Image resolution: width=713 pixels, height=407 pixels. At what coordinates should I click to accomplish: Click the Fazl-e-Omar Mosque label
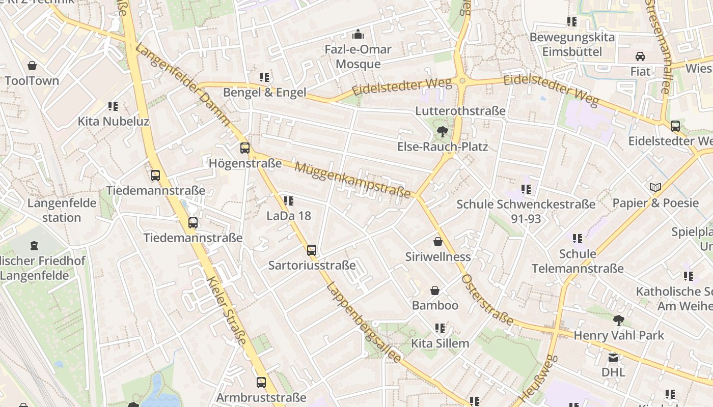click(x=358, y=56)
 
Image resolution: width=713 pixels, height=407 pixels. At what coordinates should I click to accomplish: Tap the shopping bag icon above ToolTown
click(x=32, y=66)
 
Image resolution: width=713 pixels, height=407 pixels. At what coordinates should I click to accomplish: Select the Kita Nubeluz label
click(x=113, y=122)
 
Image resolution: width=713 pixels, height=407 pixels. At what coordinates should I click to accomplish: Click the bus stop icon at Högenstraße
click(x=245, y=148)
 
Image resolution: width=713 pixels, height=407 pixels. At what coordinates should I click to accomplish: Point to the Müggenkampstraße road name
click(x=352, y=181)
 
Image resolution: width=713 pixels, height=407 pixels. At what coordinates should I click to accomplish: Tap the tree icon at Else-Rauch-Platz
click(x=443, y=132)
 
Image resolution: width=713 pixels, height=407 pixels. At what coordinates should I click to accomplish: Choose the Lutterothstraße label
click(x=460, y=111)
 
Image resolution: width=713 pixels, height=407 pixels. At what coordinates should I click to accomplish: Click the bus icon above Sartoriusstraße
click(x=312, y=250)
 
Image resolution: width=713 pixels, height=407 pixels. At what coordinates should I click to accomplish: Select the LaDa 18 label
click(x=289, y=216)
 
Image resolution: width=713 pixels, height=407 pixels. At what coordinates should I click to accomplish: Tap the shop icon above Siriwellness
click(x=437, y=241)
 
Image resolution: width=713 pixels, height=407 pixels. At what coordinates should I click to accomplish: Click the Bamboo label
click(x=435, y=305)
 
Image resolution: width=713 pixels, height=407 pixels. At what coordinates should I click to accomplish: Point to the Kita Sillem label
click(x=440, y=343)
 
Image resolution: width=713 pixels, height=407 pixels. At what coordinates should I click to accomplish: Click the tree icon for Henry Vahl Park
click(x=619, y=320)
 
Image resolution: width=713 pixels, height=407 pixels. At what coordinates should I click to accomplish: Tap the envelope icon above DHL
click(x=613, y=357)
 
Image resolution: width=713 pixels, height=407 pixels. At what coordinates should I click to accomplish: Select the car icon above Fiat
click(x=640, y=56)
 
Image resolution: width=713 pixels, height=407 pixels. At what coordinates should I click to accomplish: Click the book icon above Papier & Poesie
click(x=655, y=188)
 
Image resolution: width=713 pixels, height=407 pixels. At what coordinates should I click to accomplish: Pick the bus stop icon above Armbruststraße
click(x=261, y=382)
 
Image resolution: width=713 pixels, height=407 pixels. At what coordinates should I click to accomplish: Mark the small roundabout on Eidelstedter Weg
click(x=462, y=80)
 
